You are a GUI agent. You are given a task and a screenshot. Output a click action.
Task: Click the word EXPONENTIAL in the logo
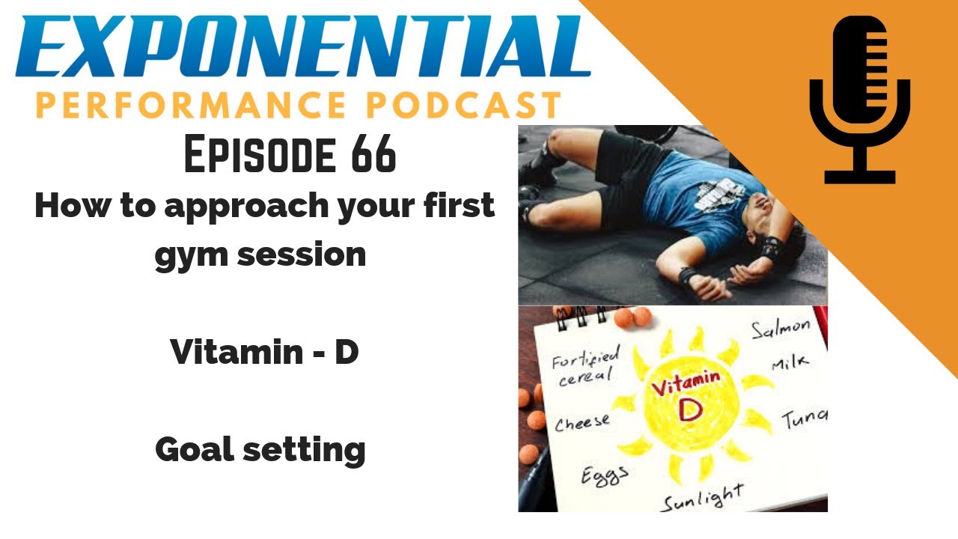303,46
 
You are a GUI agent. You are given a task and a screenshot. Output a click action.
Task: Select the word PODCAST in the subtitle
465,106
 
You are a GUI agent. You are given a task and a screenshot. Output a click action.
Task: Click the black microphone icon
860,100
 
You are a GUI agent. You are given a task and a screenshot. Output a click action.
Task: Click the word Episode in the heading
260,154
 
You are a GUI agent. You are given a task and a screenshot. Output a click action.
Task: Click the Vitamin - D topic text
264,352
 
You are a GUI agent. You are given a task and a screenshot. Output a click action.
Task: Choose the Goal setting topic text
260,450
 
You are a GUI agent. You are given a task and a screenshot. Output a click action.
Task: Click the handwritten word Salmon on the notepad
781,329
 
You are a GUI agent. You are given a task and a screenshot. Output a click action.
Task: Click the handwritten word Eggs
605,475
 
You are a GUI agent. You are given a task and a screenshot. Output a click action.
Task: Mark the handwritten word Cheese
582,423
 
